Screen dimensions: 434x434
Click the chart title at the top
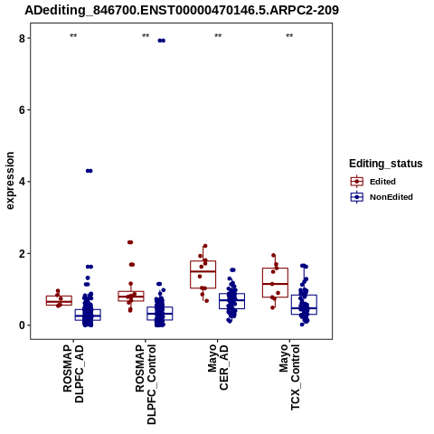(182, 10)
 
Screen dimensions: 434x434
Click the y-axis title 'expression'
(10, 181)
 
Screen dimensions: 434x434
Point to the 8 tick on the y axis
(22, 38)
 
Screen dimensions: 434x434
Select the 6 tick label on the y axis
(22, 110)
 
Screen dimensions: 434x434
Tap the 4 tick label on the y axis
(22, 182)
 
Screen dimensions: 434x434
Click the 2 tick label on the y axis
(22, 253)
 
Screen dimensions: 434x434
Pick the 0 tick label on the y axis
(22, 325)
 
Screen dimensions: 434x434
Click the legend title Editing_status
(386, 164)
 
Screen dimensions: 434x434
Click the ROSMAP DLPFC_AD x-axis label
(73, 373)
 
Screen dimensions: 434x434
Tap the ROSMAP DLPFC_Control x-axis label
(146, 384)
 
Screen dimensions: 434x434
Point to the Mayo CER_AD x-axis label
(218, 367)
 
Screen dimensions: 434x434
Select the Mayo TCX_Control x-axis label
(289, 377)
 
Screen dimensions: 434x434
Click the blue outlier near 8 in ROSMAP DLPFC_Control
(162, 41)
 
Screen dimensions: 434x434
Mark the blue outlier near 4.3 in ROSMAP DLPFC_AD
(90, 171)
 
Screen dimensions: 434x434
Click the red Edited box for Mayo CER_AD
(203, 275)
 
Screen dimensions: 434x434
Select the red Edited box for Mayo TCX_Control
(275, 283)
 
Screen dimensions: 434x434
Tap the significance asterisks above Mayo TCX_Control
(289, 36)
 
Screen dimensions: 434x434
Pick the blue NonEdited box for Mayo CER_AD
(231, 301)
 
